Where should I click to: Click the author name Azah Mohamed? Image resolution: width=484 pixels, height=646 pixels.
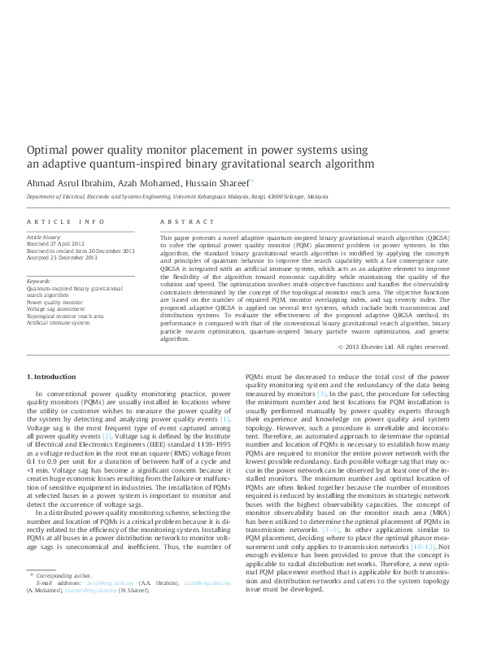click(143, 183)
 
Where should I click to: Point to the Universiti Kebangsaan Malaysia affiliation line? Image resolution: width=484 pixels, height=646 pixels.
click(177, 197)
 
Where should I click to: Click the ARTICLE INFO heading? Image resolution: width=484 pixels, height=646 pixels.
click(66, 221)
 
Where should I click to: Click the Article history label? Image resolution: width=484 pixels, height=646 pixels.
click(43, 236)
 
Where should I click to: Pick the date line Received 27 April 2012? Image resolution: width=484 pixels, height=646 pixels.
click(55, 243)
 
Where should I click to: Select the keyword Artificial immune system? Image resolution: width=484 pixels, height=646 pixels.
click(59, 323)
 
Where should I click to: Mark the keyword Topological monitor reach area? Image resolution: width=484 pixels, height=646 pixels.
click(65, 316)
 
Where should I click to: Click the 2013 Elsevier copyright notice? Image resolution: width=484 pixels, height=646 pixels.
click(394, 347)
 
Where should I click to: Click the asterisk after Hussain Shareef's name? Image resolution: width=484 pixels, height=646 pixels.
click(253, 181)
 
